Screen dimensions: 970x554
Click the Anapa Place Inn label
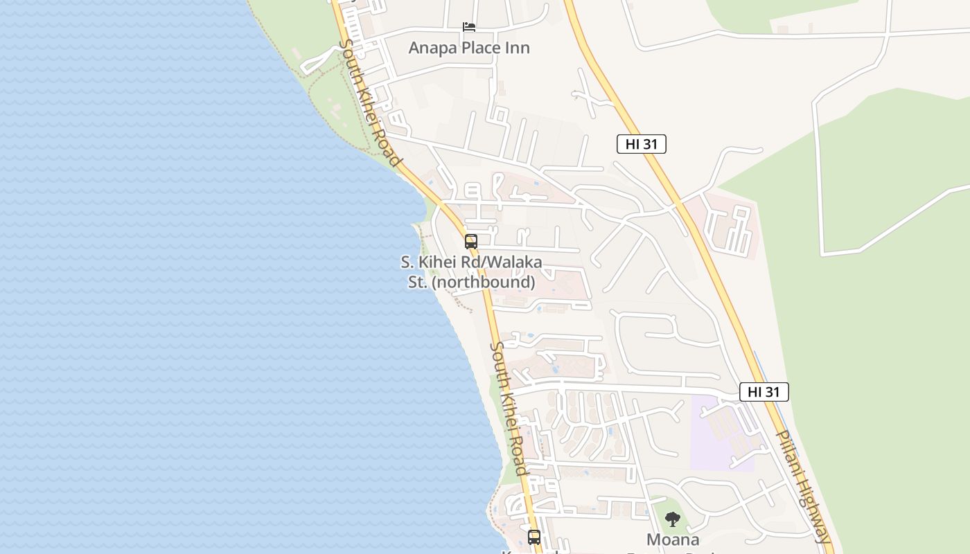(469, 48)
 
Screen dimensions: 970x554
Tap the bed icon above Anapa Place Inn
(469, 27)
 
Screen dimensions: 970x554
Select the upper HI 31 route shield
(641, 144)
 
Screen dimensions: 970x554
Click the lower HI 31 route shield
(764, 392)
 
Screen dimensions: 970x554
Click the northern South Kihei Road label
(371, 102)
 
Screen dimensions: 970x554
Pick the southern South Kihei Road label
(510, 409)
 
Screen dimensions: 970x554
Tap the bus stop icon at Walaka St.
(471, 242)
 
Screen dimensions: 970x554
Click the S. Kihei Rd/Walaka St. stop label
(471, 272)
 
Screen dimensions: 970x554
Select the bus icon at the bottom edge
(533, 537)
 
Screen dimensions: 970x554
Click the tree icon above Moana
(672, 519)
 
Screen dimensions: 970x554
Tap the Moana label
(672, 539)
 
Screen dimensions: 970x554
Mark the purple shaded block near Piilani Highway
(721, 433)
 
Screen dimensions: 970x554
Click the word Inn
(517, 48)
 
